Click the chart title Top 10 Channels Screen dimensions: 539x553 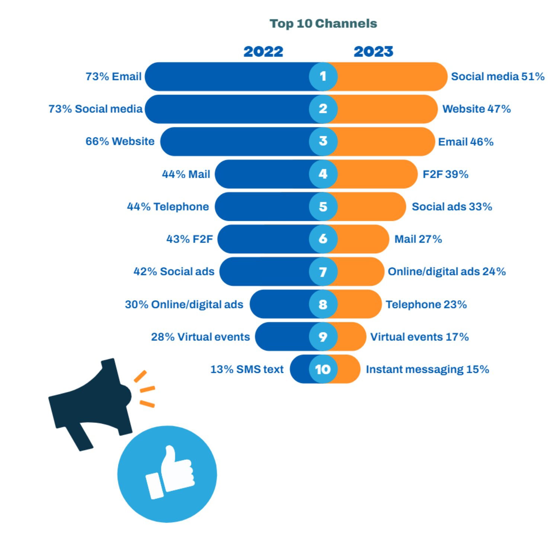pyautogui.click(x=323, y=23)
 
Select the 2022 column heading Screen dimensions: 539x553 pyautogui.click(x=263, y=51)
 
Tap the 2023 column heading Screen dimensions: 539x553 pyautogui.click(x=373, y=51)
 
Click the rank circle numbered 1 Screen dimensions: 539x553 pyautogui.click(x=323, y=76)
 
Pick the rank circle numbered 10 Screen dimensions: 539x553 pyautogui.click(x=323, y=369)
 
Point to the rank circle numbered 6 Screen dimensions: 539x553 pyautogui.click(x=323, y=239)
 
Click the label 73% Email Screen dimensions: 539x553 pyautogui.click(x=114, y=76)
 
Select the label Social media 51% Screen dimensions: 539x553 pyautogui.click(x=498, y=76)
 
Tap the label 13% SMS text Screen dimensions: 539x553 pyautogui.click(x=247, y=369)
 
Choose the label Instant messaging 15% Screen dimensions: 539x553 pyautogui.click(x=427, y=369)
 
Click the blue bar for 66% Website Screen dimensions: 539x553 pyautogui.click(x=234, y=142)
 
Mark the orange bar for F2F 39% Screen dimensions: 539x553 pyautogui.click(x=376, y=174)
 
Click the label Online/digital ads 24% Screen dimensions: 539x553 pyautogui.click(x=447, y=272)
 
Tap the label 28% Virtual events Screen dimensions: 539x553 pyautogui.click(x=200, y=337)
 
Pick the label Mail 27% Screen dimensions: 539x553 pyautogui.click(x=418, y=239)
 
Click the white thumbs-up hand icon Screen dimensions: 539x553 pyautogui.click(x=170, y=472)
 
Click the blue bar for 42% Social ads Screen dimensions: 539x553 pyautogui.click(x=264, y=272)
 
